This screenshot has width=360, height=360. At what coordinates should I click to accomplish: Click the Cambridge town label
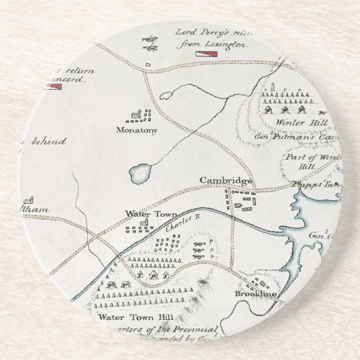click(226, 181)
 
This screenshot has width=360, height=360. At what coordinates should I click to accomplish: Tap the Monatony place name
click(136, 128)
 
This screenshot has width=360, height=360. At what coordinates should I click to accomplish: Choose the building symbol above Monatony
click(138, 113)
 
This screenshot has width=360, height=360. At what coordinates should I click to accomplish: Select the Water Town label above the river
click(142, 213)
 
